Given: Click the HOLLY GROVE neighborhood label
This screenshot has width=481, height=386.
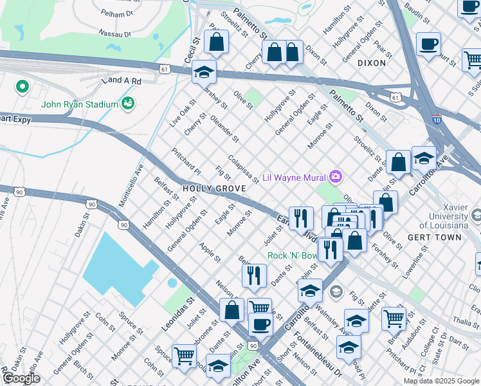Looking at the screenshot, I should click(214, 188).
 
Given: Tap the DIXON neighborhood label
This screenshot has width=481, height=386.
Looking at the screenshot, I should click(372, 63).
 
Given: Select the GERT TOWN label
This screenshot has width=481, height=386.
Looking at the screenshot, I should click(434, 237).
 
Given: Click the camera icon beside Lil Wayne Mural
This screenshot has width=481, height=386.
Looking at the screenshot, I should click(335, 176).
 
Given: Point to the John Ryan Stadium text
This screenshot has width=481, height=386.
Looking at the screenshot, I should click(80, 104).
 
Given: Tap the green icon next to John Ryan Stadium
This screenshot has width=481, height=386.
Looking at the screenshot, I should click(128, 103).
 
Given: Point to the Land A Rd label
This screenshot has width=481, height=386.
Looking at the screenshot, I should click(120, 80).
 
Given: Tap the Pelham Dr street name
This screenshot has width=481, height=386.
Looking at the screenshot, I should click(116, 12).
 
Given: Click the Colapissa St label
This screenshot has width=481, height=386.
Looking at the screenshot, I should click(243, 167).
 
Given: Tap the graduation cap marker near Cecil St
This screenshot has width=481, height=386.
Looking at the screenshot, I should click(204, 71).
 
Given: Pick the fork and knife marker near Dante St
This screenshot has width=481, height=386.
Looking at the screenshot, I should click(254, 275).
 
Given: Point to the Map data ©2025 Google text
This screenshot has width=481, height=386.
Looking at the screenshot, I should click(440, 381).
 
